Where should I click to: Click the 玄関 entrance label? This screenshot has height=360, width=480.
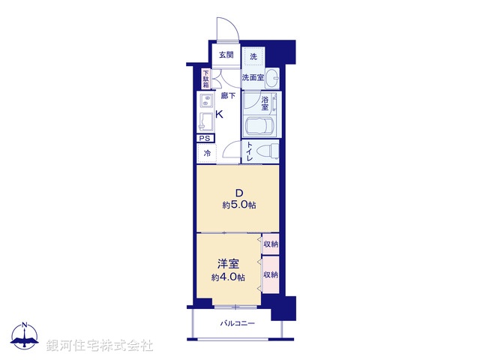tap(226, 55)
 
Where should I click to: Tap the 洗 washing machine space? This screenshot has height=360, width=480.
tap(253, 57)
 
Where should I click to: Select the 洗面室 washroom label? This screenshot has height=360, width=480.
tap(253, 77)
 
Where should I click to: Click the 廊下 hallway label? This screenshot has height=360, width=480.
tap(228, 96)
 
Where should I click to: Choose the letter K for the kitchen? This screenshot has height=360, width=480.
tap(220, 115)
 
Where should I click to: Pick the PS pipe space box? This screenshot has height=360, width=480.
tap(205, 138)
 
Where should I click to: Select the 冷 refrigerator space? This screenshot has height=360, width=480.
tap(206, 154)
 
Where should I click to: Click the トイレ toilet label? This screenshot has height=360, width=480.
tap(250, 152)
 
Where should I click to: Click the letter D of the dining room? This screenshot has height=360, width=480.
tap(238, 190)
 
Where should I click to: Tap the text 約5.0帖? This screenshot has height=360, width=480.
tap(238, 204)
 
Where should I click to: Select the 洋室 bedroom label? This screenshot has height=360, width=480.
tap(229, 263)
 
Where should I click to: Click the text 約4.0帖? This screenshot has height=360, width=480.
tap(229, 277)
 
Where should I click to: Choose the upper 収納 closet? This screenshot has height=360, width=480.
tap(271, 244)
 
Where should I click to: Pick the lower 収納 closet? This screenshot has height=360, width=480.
tap(271, 274)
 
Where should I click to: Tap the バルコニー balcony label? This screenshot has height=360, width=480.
tap(238, 324)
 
